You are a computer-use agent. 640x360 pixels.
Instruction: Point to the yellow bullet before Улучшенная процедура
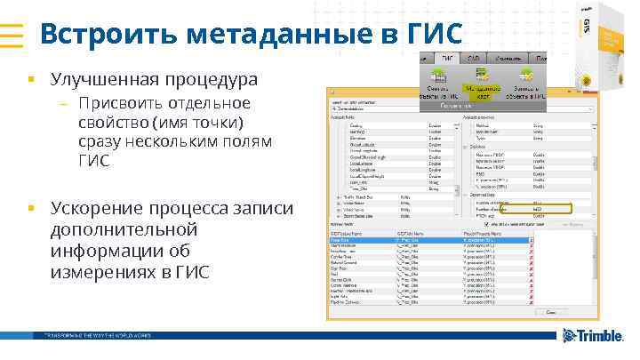[x=30, y=81]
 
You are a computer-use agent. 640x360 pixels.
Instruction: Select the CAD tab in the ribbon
[x=476, y=57]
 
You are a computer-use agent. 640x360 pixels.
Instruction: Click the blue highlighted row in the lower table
[x=436, y=240]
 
